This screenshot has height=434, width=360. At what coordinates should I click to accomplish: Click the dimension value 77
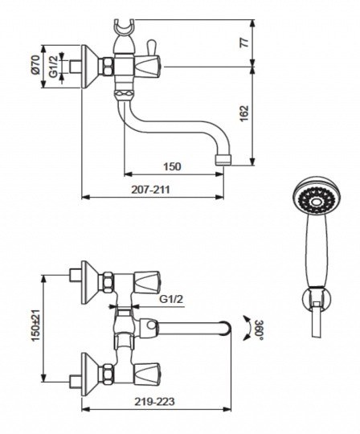[x=244, y=43]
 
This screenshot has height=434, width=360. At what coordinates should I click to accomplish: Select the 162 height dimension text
[x=244, y=114]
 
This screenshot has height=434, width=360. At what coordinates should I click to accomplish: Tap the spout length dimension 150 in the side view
[x=172, y=167]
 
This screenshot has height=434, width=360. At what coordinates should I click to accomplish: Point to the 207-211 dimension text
[x=150, y=190]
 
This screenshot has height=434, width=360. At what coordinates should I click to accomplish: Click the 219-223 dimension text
[x=154, y=402]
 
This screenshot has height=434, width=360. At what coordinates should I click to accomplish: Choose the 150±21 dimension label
[x=35, y=325]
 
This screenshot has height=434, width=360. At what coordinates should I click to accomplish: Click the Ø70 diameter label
[x=36, y=65]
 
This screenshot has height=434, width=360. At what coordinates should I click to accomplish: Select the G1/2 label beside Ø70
[x=53, y=67]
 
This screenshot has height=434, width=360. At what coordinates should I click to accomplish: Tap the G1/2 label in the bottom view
[x=171, y=299]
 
